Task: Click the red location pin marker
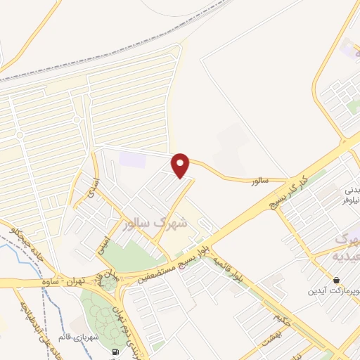[181, 165]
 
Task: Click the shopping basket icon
[337, 279]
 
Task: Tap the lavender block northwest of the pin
[132, 158]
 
